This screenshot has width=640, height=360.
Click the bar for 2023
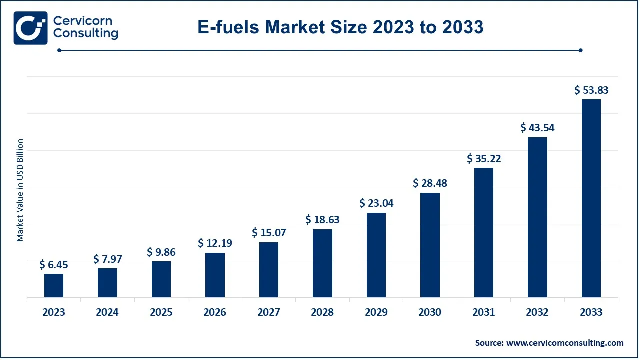54,285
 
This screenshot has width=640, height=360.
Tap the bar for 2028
322,263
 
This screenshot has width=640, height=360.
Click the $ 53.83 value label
591,90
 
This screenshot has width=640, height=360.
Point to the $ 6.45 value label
54,265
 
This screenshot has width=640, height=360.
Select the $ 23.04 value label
376,203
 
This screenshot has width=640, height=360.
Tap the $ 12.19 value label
215,243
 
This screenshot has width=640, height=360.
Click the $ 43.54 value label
537,128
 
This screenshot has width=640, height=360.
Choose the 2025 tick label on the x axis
161,312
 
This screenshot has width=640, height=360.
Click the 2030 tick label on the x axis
430,312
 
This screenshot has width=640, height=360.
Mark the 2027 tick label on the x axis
269,312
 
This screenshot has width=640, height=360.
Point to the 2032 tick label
537,312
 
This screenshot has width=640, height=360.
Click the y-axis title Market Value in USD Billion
20,190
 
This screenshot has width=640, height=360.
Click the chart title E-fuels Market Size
340,27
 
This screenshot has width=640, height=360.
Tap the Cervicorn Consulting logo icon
30,28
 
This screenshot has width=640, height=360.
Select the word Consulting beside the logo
85,34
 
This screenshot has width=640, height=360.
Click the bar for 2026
215,275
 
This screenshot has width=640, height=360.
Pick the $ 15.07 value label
269,233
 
